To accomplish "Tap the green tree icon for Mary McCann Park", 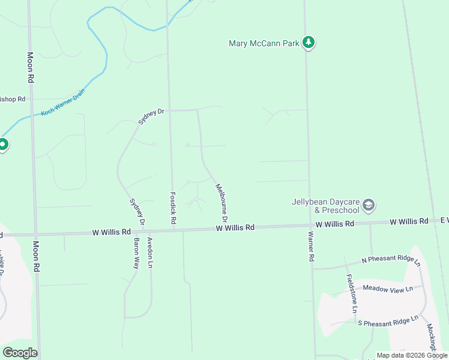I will (x=309, y=42).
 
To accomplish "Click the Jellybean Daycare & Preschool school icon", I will (x=369, y=206).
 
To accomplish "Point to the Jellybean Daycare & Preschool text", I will (x=325, y=206).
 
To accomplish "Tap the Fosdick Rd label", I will (x=172, y=208).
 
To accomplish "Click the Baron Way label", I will (x=136, y=253).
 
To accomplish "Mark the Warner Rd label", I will (x=312, y=246).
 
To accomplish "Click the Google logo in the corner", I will (x=20, y=353).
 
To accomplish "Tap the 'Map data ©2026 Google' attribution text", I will (x=412, y=355).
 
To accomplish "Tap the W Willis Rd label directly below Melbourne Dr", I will (x=235, y=228).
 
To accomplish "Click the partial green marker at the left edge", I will (x=2, y=145).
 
